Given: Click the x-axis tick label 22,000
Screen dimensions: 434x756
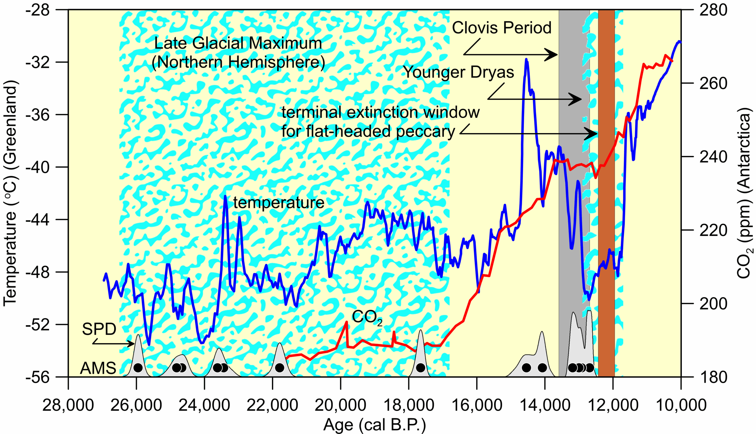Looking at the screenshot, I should click(x=272, y=406).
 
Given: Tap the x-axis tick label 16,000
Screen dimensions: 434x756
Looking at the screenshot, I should click(x=477, y=406).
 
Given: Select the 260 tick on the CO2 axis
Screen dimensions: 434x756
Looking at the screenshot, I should click(x=713, y=83).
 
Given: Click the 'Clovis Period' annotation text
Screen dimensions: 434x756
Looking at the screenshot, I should click(x=501, y=28).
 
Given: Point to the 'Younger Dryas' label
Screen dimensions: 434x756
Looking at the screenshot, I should click(x=459, y=72).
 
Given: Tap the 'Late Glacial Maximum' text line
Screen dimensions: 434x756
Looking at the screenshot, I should click(x=238, y=43).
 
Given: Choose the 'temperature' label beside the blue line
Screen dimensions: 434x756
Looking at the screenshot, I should click(x=279, y=203).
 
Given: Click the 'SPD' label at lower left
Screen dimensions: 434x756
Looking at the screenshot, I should click(x=99, y=329).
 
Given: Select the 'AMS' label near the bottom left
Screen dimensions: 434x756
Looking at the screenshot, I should click(x=98, y=368).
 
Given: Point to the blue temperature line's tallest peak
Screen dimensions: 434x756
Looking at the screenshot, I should click(x=526, y=60).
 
